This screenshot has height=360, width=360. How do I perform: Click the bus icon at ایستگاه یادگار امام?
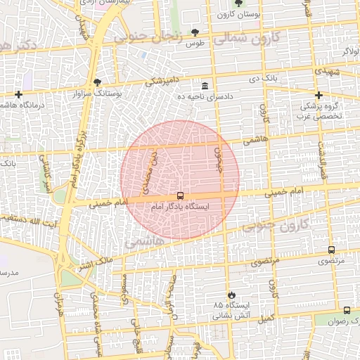point(180,196)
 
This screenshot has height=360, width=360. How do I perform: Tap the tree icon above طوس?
point(195,32)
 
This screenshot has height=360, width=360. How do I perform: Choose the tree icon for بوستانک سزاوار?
point(97,82)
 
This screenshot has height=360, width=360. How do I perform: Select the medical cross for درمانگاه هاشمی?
point(18,94)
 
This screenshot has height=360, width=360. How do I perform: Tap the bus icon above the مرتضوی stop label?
point(331,250)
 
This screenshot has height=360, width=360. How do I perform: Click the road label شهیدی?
point(326,72)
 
